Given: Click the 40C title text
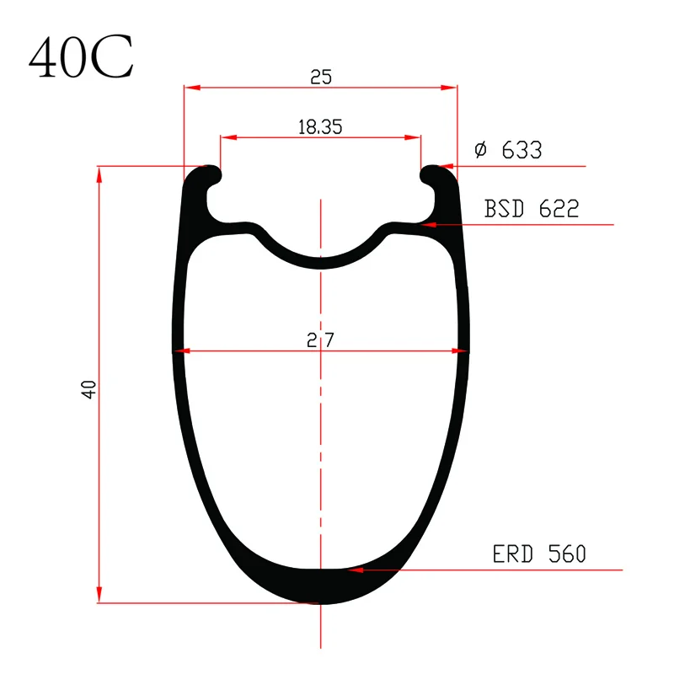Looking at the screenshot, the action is pos(81,57).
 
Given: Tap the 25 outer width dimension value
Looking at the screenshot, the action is pos(321,78).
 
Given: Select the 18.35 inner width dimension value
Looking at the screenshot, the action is pos(320,127).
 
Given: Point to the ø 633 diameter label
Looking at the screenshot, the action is pos(509,150).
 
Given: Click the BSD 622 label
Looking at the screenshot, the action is pos(532,208).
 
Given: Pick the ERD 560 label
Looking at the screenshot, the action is pos(539,554).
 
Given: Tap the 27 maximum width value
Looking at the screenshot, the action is pos(320,340).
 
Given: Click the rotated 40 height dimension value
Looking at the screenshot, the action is pos(88,389).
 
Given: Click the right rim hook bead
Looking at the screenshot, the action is pos(432,175).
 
